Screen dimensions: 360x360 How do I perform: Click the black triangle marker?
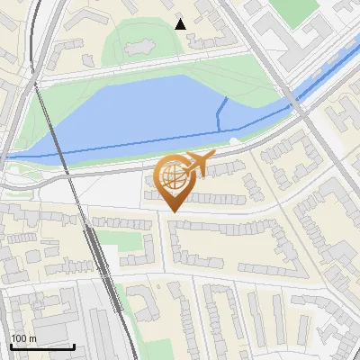(181, 23)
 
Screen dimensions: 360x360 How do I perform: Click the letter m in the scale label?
(34, 338)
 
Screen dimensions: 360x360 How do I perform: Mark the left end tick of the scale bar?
(10, 346)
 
